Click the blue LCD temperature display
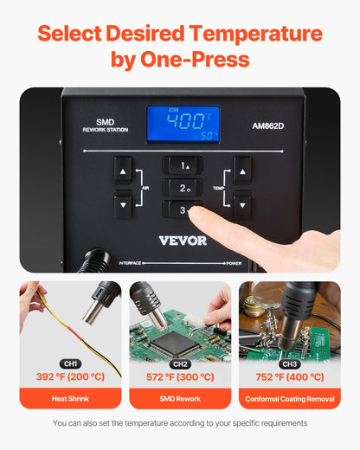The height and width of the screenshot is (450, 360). pyautogui.click(x=183, y=124)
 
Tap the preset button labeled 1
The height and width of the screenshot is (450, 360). pyautogui.click(x=183, y=165)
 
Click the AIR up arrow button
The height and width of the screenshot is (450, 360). pyautogui.click(x=123, y=170)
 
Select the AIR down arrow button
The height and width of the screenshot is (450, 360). pyautogui.click(x=123, y=204)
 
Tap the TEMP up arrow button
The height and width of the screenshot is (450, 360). pyautogui.click(x=242, y=170)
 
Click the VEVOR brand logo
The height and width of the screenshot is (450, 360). pyautogui.click(x=183, y=240)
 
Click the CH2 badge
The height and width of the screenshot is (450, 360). pyautogui.click(x=180, y=363)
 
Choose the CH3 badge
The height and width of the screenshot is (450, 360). pyautogui.click(x=289, y=363)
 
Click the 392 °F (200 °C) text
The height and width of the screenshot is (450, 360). pyautogui.click(x=70, y=377)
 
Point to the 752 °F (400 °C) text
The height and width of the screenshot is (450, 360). pyautogui.click(x=289, y=377)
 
